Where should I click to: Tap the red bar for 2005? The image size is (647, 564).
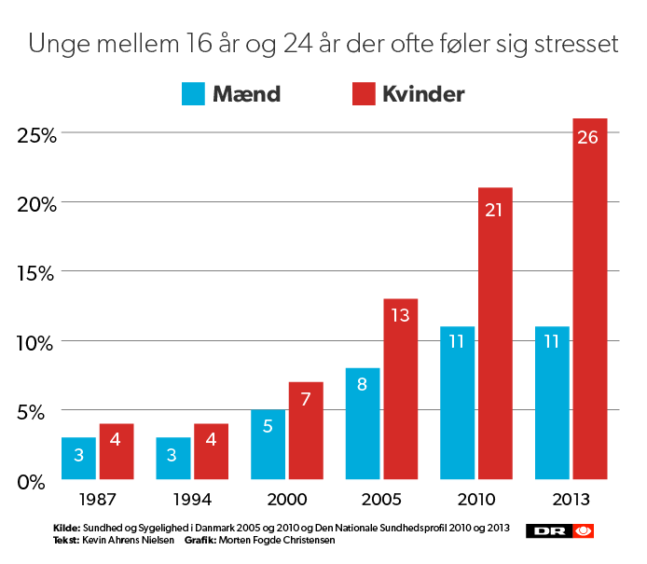[x=400, y=389]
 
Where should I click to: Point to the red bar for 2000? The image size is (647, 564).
[x=306, y=431]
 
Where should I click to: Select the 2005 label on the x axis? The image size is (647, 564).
[x=380, y=500]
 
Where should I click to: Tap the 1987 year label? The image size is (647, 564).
[x=97, y=500]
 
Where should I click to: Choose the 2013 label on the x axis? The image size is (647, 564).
[x=570, y=500]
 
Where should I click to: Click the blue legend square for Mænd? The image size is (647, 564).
[x=193, y=94]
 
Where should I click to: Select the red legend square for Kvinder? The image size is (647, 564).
[x=363, y=94]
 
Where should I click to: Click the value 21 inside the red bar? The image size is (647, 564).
[x=494, y=210]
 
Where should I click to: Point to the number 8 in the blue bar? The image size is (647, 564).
[x=363, y=384]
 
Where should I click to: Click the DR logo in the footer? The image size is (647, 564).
[x=560, y=530]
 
